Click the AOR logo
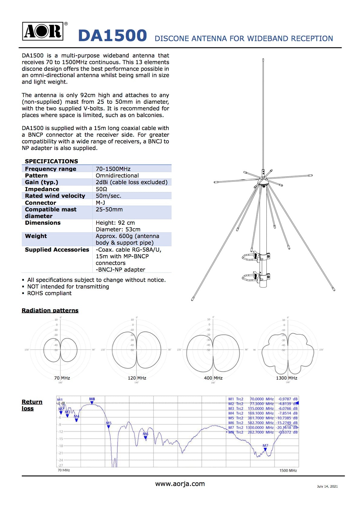(x=43, y=31)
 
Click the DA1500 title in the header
(x=112, y=36)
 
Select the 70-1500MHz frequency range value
(x=113, y=169)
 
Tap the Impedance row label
(x=42, y=189)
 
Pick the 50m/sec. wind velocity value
(x=108, y=196)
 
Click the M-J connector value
(x=100, y=203)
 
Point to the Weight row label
(x=36, y=236)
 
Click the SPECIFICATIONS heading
(x=51, y=161)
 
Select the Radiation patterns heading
(x=50, y=310)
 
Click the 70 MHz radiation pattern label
(x=62, y=378)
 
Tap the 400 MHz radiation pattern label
(x=213, y=378)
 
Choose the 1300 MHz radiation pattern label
(x=286, y=378)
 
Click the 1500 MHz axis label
(x=288, y=470)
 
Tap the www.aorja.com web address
(x=180, y=484)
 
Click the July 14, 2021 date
(x=327, y=486)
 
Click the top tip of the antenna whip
(x=263, y=59)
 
